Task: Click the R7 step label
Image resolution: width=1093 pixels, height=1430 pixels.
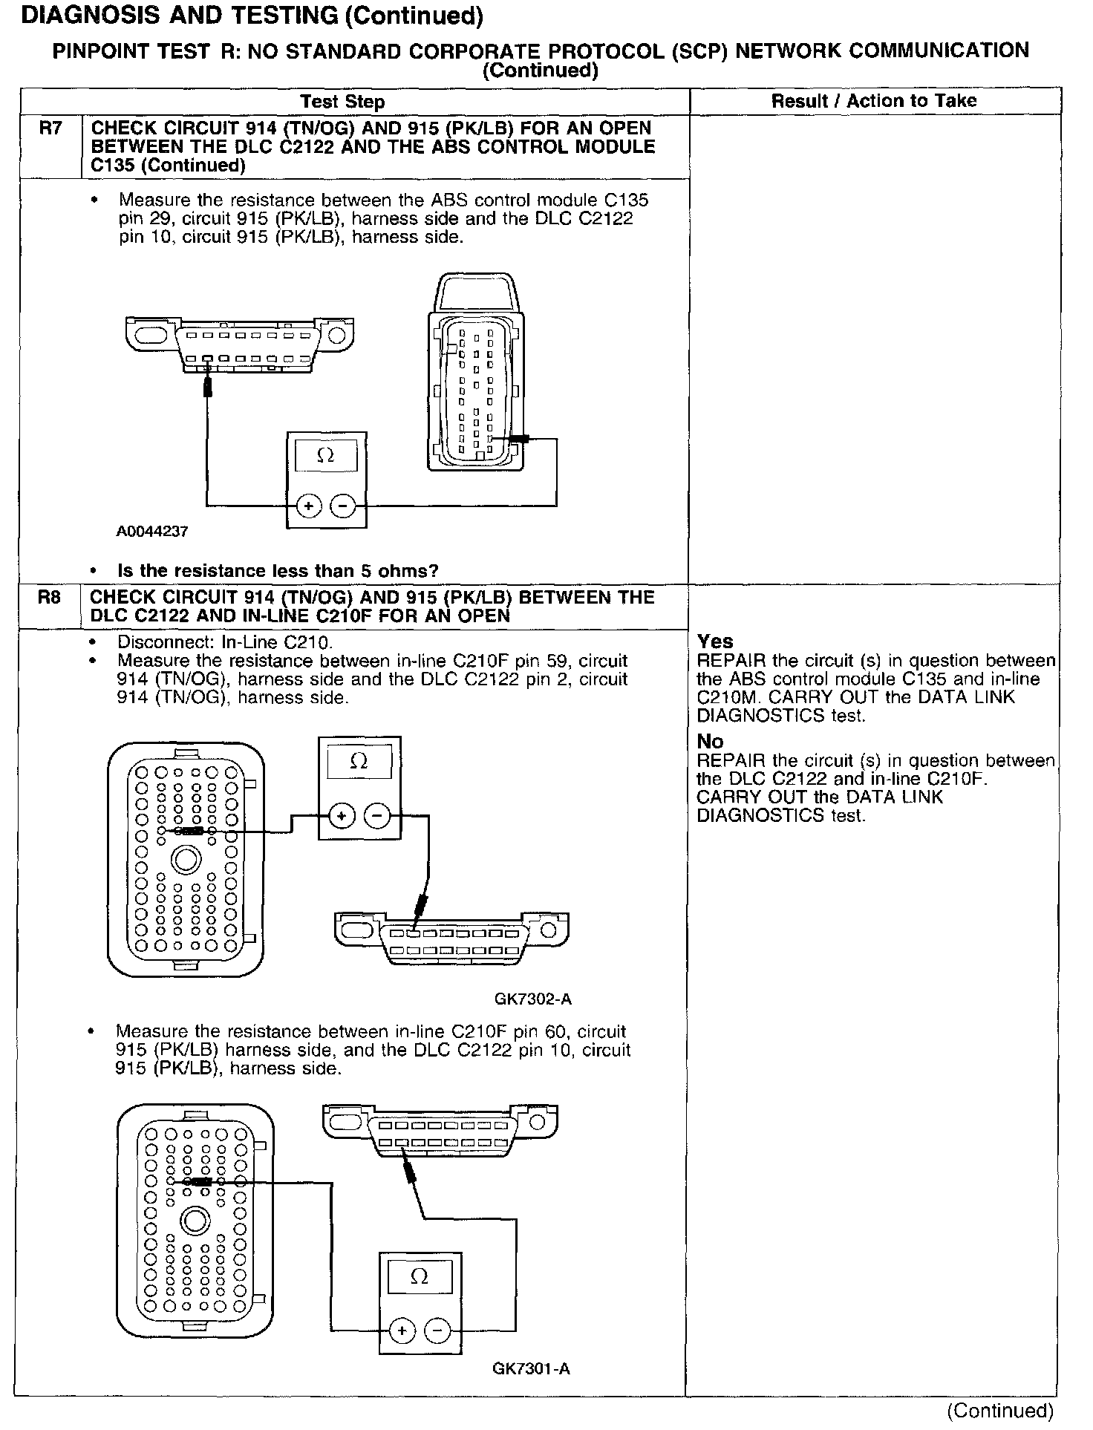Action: click(50, 129)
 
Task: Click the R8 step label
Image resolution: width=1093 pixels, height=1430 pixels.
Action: click(49, 598)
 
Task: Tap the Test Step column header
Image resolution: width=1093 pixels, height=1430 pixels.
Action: click(342, 102)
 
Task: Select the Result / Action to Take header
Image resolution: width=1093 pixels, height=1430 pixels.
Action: click(874, 101)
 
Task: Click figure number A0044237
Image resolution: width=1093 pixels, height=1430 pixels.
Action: click(152, 532)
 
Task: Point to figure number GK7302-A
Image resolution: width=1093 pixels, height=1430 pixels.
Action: click(533, 999)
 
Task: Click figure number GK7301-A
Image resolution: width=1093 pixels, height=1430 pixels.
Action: click(531, 1368)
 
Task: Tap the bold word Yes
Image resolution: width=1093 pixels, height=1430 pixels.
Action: click(715, 641)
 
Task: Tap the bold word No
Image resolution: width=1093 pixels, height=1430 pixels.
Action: click(710, 741)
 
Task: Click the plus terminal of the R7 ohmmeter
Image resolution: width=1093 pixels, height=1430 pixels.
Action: click(308, 506)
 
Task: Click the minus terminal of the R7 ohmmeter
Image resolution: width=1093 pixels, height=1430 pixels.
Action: click(343, 506)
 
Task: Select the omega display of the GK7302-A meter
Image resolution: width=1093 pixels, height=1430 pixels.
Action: click(359, 762)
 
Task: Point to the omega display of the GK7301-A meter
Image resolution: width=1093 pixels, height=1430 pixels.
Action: click(420, 1277)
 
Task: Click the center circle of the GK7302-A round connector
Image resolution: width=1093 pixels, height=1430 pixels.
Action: click(186, 861)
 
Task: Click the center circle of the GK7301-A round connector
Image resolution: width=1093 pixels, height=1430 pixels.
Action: click(196, 1221)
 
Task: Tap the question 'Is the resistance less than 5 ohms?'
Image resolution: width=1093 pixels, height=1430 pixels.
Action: click(278, 570)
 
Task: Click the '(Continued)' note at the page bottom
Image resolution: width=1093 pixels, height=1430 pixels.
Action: click(999, 1410)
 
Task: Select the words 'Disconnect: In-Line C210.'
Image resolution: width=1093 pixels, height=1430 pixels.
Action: click(225, 642)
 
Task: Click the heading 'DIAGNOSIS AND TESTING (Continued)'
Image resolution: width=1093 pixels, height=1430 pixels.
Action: click(252, 16)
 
